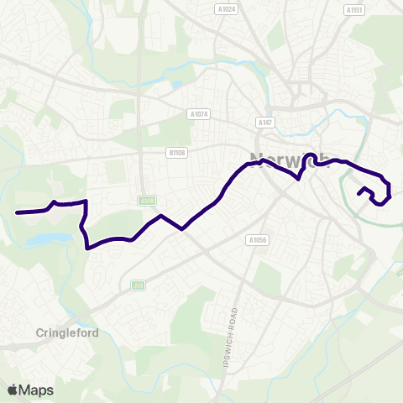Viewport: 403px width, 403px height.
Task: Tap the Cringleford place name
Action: click(x=67, y=332)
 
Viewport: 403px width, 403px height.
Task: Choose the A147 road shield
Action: click(x=266, y=123)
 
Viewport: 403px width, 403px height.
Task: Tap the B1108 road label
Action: click(x=175, y=153)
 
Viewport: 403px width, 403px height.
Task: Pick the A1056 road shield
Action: click(x=257, y=239)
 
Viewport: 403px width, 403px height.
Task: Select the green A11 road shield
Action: click(x=137, y=285)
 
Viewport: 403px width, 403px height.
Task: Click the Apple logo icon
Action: click(x=13, y=390)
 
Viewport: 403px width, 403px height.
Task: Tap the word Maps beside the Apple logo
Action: click(x=36, y=390)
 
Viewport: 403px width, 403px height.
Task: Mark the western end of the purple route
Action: click(x=17, y=212)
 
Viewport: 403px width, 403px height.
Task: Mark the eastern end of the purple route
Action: click(x=359, y=195)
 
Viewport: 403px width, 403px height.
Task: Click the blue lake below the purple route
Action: click(x=42, y=240)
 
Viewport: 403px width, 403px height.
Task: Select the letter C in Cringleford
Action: click(x=40, y=332)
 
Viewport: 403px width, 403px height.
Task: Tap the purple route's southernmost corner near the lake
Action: click(x=88, y=248)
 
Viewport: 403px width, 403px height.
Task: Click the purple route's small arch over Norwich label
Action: click(x=310, y=154)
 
